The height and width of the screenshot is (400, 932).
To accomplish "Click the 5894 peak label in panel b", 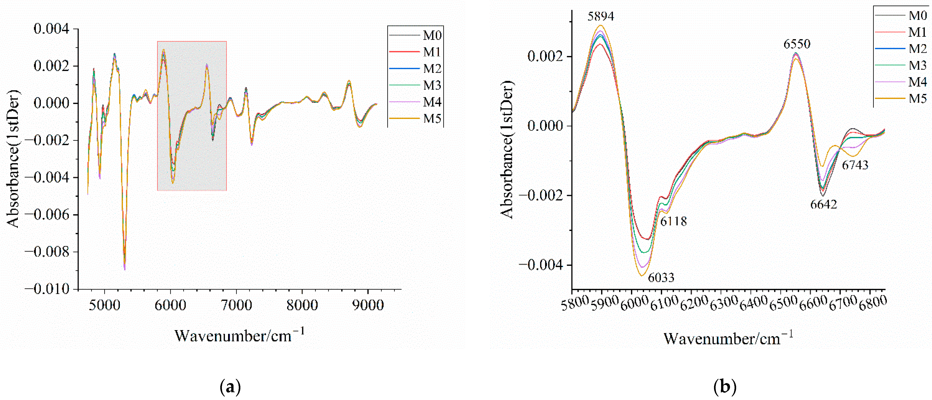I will [601, 16].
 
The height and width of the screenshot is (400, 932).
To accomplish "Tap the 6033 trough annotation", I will [661, 278].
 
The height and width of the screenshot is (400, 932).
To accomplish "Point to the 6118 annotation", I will [673, 221].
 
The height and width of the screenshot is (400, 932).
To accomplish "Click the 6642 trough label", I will [823, 204].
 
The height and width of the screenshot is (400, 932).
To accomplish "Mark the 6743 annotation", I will [855, 165].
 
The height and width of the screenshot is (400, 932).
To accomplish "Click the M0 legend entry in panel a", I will [432, 35].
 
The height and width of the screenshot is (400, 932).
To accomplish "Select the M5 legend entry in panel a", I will [432, 118].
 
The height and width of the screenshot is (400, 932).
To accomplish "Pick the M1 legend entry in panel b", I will [918, 32].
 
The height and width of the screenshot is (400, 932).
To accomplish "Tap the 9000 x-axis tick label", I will [368, 305].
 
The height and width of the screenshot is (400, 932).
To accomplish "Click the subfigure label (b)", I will [725, 387].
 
